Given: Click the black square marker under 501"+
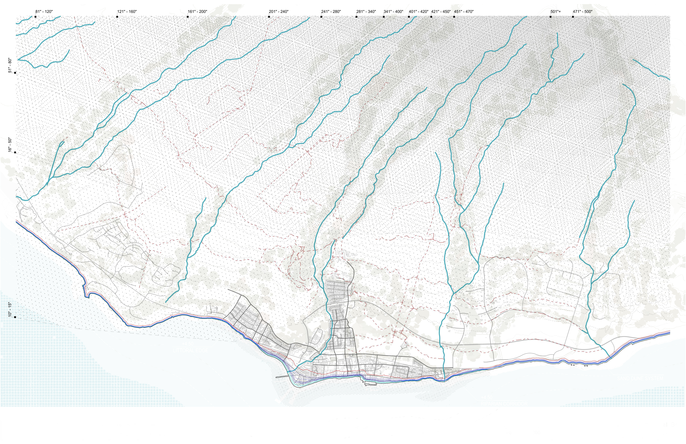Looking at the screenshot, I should click(551, 17).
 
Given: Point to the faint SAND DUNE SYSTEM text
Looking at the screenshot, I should click(640, 378).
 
